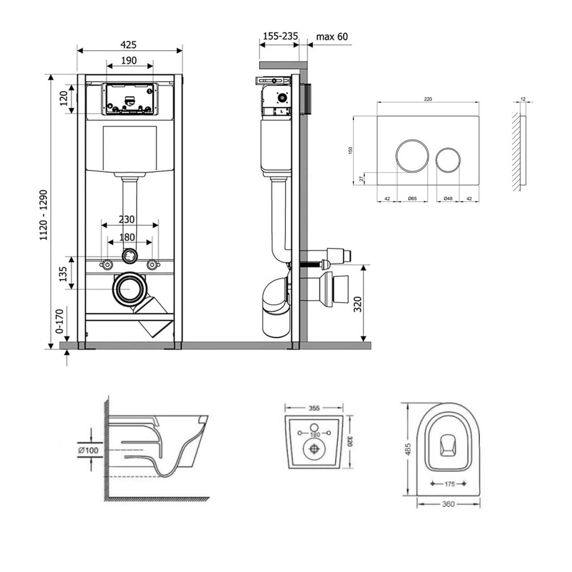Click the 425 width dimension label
point(129,45)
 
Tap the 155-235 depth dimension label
point(280,37)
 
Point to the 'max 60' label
point(332,37)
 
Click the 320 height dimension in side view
point(358,303)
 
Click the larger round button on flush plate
point(411,156)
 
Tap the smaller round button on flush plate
point(447,160)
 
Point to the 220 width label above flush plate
point(428,99)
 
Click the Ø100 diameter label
point(89,451)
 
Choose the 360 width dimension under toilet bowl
point(448,504)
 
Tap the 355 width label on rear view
point(314,409)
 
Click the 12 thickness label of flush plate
point(523,99)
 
